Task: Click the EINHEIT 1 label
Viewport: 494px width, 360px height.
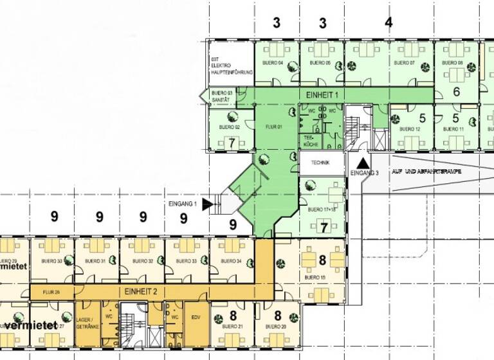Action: coord(322,94)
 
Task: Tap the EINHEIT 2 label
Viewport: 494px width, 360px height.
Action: coord(142,291)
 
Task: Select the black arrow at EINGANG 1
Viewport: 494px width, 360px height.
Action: coord(207,204)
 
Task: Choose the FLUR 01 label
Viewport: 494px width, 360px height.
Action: coord(275,127)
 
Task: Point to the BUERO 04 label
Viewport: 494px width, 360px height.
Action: coord(272,63)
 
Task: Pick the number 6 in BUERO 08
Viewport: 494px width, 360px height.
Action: coord(456,92)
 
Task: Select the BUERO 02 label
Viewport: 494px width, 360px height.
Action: coord(230,127)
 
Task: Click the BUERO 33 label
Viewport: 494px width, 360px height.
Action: coord(185,261)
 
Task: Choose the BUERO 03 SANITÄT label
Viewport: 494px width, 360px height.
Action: coord(221,96)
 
